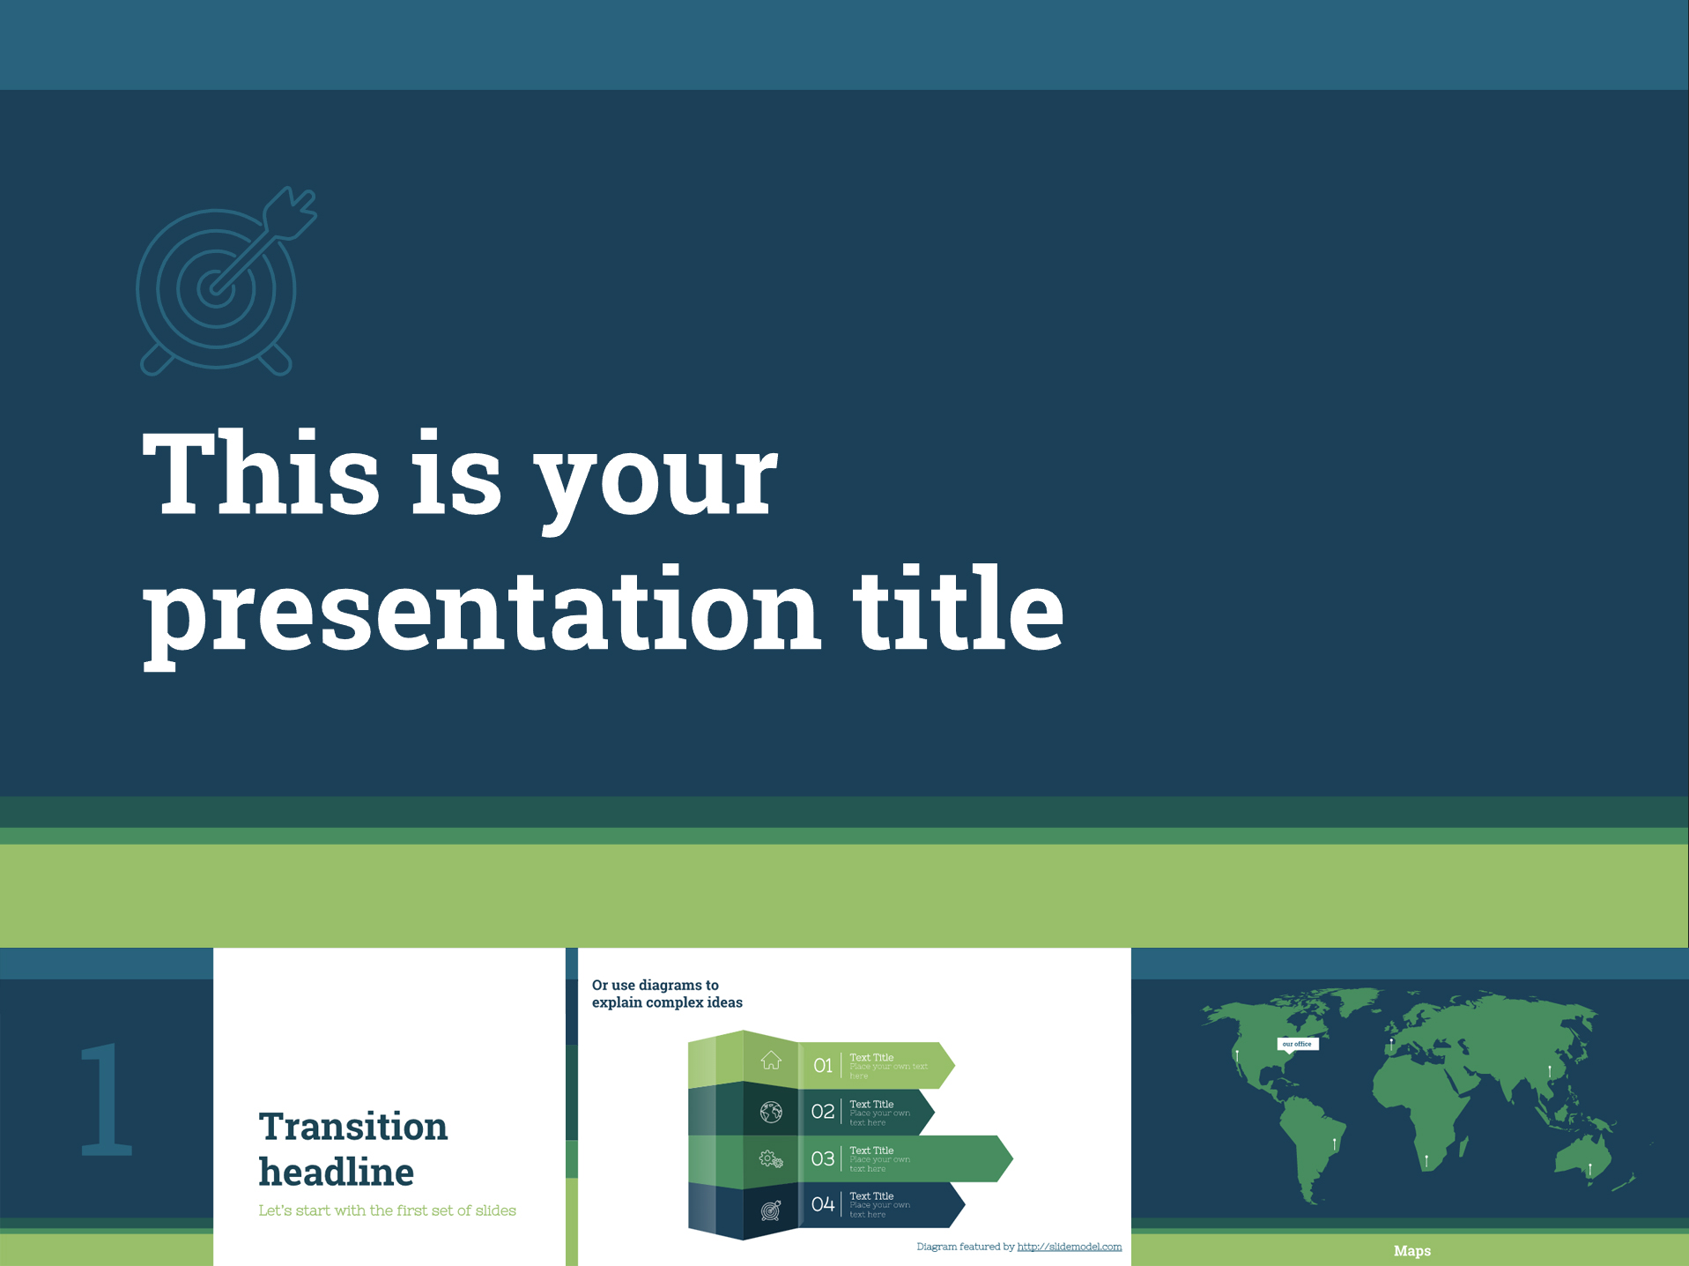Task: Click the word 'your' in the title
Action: coord(657,480)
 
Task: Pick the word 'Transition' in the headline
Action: coord(352,1127)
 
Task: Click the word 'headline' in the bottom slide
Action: coord(336,1173)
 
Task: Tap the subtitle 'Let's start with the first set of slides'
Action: coord(387,1210)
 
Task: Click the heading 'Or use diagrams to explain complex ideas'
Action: coord(666,994)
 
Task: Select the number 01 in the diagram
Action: coord(822,1066)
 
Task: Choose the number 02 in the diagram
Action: coord(822,1112)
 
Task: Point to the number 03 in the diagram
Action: coord(822,1158)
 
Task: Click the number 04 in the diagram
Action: coord(822,1204)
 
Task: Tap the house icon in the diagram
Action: coord(771,1061)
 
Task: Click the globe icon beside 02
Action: coord(771,1112)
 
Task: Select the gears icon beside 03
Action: coord(771,1159)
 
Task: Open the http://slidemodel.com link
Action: coord(1069,1247)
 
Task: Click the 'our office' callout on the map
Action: coord(1297,1044)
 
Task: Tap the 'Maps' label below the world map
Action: coord(1411,1251)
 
